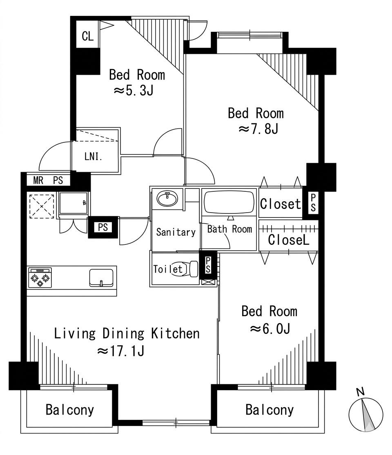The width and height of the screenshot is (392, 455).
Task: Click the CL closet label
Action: click(88, 37)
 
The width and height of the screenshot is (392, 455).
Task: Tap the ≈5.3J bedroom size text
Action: click(133, 91)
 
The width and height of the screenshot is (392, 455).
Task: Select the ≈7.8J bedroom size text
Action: click(258, 129)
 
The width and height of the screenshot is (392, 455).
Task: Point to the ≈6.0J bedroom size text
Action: click(270, 329)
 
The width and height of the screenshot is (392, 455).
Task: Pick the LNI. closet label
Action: click(93, 157)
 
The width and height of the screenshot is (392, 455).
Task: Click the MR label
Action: click(38, 180)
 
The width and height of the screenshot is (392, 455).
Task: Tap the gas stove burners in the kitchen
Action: click(40, 278)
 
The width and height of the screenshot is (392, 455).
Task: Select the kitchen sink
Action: click(101, 278)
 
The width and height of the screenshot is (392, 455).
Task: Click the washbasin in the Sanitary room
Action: click(167, 199)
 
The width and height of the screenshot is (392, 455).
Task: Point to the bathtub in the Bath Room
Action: click(229, 202)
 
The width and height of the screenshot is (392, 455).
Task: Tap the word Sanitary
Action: click(176, 232)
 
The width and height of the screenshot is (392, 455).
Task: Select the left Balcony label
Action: click(70, 410)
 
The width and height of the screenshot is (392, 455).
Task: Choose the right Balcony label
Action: click(269, 410)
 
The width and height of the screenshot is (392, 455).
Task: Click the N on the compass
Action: click(360, 392)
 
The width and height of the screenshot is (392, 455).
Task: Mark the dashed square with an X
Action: click(42, 206)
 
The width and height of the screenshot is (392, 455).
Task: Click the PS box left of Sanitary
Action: click(103, 227)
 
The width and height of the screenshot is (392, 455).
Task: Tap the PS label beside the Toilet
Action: click(208, 265)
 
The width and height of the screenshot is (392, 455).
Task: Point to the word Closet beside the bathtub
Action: click(281, 204)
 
